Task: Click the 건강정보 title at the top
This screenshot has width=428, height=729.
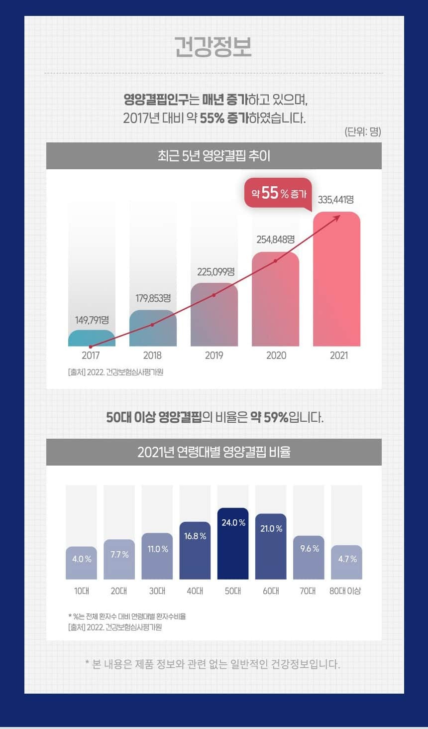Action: click(213, 46)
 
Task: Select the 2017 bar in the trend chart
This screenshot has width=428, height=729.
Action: click(92, 338)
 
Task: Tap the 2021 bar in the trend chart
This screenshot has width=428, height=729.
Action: click(336, 279)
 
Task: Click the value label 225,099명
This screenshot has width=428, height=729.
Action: click(215, 272)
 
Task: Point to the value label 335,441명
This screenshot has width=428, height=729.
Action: click(336, 200)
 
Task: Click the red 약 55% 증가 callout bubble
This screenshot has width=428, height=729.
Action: click(278, 193)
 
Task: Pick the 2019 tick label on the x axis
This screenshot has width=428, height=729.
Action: click(214, 356)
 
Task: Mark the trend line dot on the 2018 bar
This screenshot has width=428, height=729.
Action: click(152, 325)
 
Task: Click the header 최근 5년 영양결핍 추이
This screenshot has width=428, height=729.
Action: click(214, 156)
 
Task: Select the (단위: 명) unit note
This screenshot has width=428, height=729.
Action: click(362, 131)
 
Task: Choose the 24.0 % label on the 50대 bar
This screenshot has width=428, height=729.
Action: click(233, 523)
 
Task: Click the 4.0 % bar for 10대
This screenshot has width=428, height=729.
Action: click(82, 563)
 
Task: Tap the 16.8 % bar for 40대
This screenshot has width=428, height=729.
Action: click(195, 550)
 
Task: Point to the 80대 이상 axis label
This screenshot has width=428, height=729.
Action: click(345, 591)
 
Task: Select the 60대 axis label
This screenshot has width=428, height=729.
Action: click(271, 591)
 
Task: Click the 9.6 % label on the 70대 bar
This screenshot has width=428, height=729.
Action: click(309, 549)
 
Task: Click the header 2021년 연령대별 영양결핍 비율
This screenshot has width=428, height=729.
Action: click(214, 452)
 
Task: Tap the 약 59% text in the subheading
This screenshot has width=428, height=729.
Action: click(269, 417)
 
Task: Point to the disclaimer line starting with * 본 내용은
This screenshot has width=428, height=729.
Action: click(213, 664)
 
